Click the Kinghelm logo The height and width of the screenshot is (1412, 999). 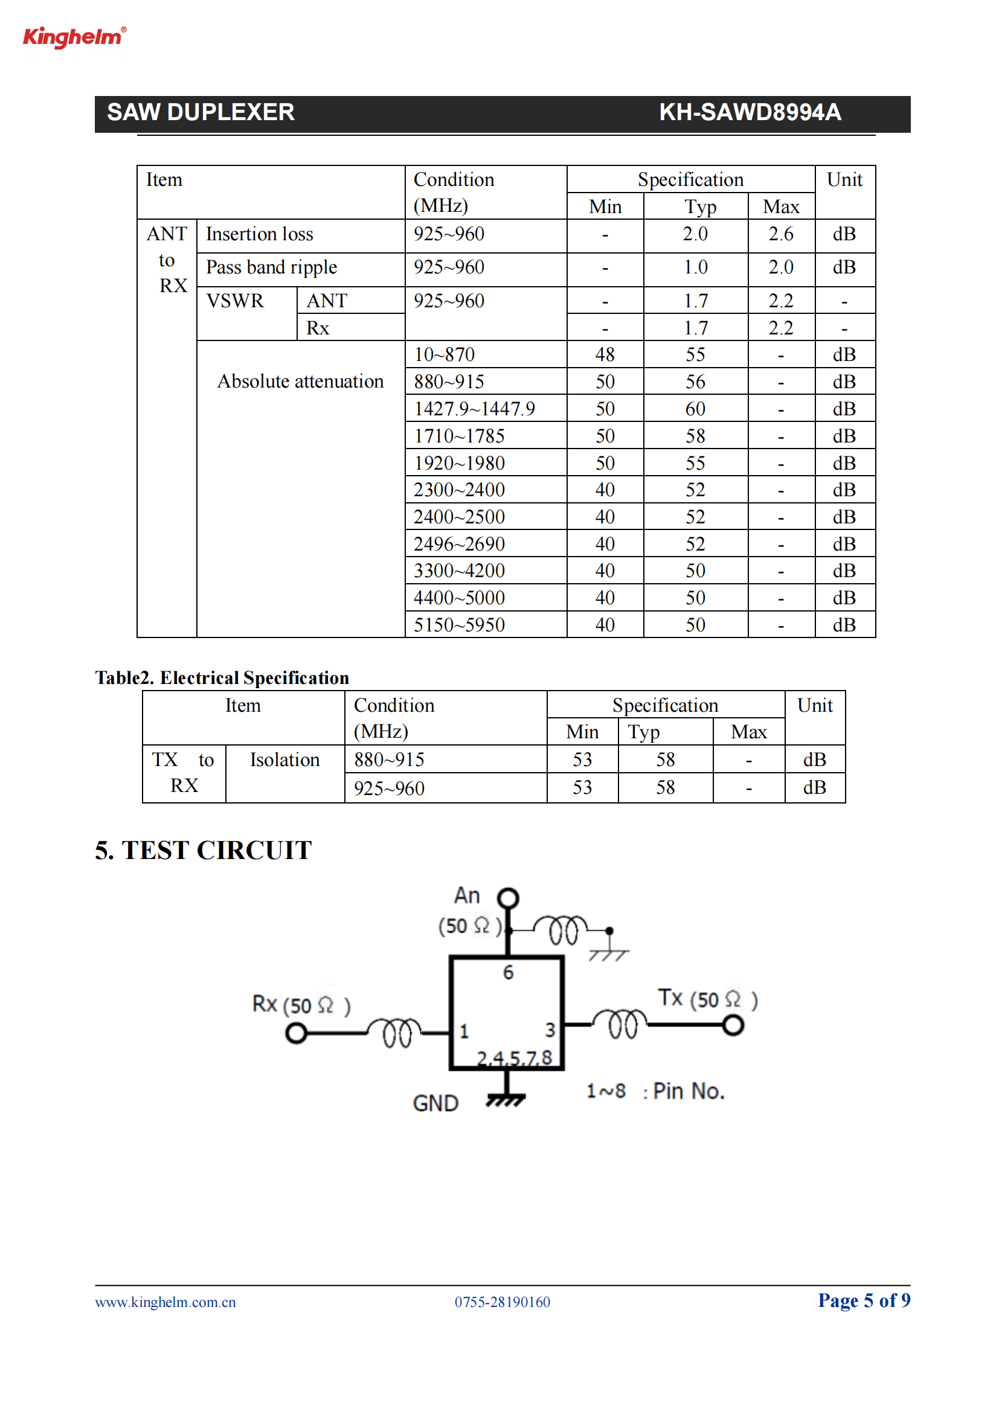click(x=74, y=37)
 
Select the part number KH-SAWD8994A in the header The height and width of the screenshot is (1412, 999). click(x=750, y=112)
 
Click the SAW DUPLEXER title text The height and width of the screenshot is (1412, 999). click(x=201, y=112)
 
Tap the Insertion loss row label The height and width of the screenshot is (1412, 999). click(x=260, y=234)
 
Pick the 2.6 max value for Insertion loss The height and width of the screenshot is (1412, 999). click(x=780, y=234)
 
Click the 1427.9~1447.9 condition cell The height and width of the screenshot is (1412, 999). click(x=474, y=409)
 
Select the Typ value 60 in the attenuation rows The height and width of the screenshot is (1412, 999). click(x=695, y=409)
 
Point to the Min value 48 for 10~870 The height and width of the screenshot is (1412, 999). click(x=605, y=355)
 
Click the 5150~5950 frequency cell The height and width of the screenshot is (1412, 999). click(x=459, y=625)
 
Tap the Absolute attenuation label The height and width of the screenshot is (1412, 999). click(x=300, y=382)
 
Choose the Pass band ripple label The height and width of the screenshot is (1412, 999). click(x=271, y=267)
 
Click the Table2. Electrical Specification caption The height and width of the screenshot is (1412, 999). click(x=222, y=678)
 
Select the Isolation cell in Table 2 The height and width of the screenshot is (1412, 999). click(x=285, y=760)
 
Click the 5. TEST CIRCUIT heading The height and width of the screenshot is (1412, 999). click(x=204, y=851)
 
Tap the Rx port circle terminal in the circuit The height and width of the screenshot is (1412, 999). click(x=297, y=1033)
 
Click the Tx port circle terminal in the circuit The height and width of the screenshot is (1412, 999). click(x=733, y=1025)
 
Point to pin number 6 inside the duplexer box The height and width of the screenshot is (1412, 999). click(x=508, y=973)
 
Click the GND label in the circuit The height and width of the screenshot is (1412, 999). click(x=435, y=1104)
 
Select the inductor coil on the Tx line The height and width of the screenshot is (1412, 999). click(x=620, y=1023)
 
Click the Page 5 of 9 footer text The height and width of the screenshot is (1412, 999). click(x=864, y=1300)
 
